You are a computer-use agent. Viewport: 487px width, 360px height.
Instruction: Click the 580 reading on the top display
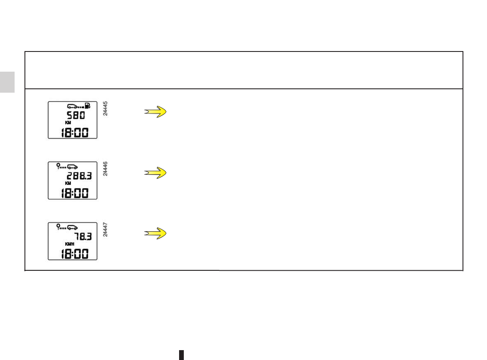click(x=75, y=116)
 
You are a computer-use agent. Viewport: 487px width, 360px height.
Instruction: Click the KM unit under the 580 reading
click(x=62, y=123)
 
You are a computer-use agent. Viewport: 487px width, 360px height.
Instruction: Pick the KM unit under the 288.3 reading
click(x=62, y=183)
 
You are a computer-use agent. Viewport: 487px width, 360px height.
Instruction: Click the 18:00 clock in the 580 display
click(x=73, y=132)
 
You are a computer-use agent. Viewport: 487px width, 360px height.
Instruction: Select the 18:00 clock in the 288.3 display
click(x=73, y=193)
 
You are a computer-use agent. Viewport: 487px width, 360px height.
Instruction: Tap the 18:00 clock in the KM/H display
click(x=73, y=254)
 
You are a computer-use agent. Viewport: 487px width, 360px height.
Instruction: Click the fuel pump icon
click(x=88, y=106)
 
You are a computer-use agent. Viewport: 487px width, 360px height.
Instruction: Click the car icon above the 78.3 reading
click(x=72, y=227)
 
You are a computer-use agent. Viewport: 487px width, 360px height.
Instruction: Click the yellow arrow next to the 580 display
click(x=155, y=112)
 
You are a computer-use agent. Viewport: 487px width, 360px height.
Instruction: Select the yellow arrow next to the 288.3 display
click(x=155, y=172)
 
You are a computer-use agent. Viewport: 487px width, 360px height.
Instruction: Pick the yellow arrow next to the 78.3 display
click(x=155, y=233)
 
